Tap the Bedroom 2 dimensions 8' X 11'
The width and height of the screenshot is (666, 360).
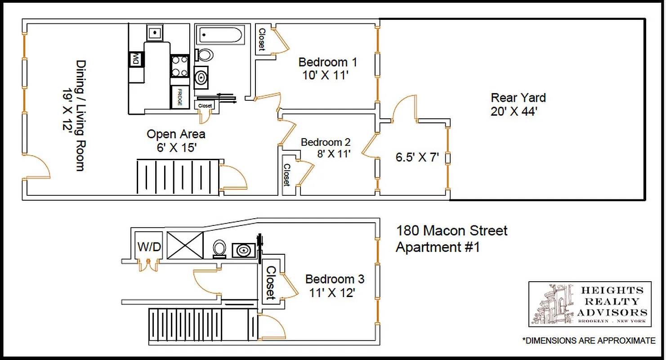(333, 154)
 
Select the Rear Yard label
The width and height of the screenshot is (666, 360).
(518, 98)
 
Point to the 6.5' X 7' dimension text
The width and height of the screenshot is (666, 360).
(417, 157)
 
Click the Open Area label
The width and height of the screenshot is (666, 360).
(176, 134)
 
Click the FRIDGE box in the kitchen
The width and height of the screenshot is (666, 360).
(180, 97)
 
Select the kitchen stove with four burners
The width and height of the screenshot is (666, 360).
(180, 66)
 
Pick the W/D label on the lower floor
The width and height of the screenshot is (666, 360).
(149, 247)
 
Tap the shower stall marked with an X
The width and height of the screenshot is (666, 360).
(185, 245)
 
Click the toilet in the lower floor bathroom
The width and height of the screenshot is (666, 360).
(219, 248)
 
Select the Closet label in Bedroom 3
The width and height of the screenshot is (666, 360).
(271, 283)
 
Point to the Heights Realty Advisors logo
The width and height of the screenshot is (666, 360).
(590, 304)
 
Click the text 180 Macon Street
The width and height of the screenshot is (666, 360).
(451, 231)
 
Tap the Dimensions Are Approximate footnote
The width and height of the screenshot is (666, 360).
(589, 341)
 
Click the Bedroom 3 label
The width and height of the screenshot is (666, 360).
(335, 279)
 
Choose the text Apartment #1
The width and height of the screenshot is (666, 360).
(437, 247)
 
